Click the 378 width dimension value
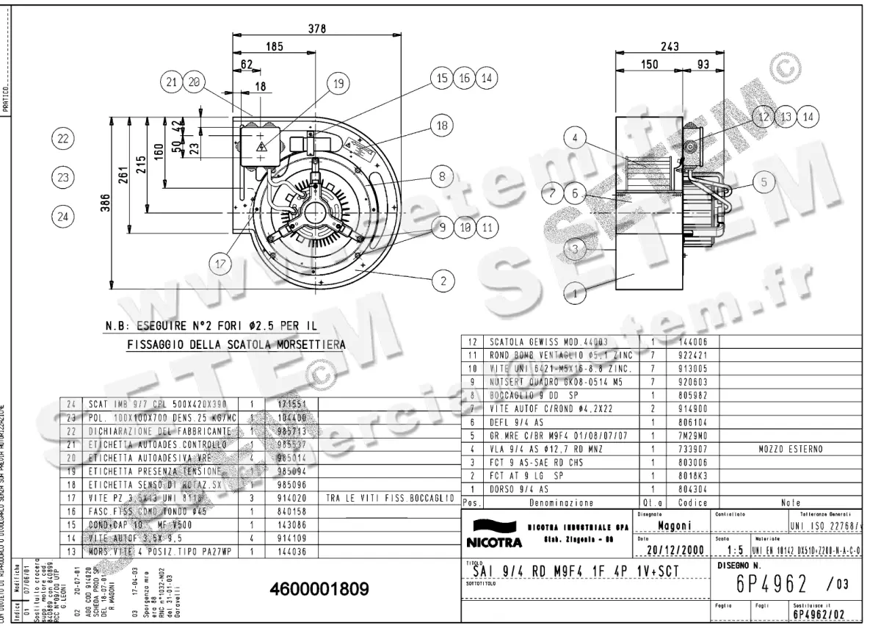click(x=317, y=29)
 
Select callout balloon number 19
click(x=338, y=84)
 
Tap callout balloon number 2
click(x=443, y=279)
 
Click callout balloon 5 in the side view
click(x=764, y=181)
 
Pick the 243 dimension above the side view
click(x=669, y=46)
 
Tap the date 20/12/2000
click(x=673, y=550)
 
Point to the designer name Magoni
click(x=672, y=526)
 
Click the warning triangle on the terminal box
click(x=262, y=146)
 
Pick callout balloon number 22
click(x=64, y=137)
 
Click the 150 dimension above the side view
click(x=649, y=65)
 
